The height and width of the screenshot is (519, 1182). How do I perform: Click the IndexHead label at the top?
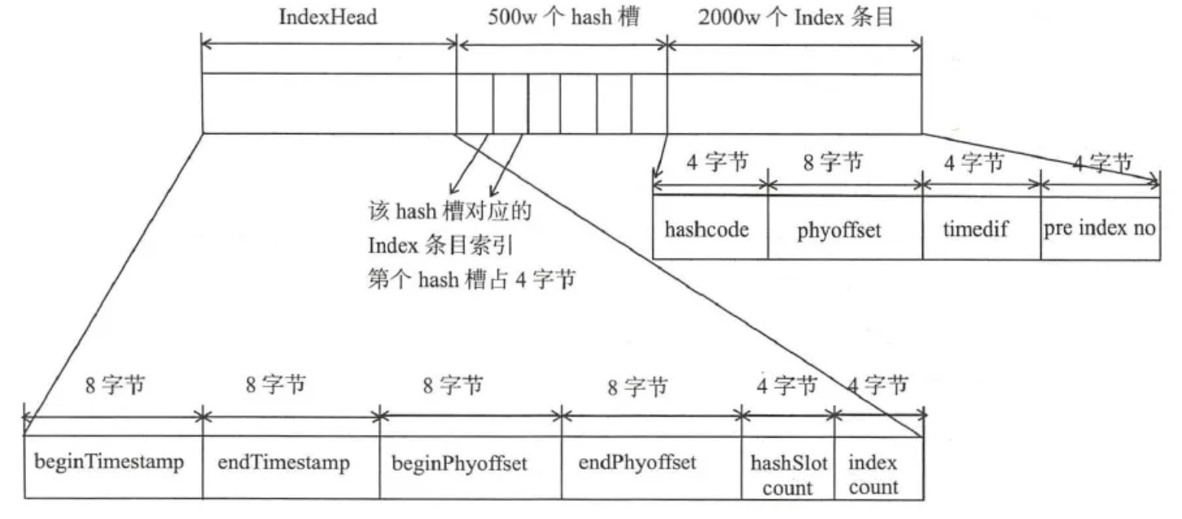click(x=328, y=17)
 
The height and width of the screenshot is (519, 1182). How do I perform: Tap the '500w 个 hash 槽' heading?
click(x=562, y=17)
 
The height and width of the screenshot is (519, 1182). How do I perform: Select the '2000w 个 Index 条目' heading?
click(x=796, y=17)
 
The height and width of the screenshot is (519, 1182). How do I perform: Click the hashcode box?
click(x=711, y=229)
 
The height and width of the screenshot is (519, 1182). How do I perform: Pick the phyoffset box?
click(x=845, y=229)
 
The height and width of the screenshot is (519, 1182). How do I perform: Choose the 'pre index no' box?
click(x=1100, y=229)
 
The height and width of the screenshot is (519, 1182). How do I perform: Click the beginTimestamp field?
click(x=109, y=463)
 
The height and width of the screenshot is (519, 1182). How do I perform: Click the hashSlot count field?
click(x=788, y=475)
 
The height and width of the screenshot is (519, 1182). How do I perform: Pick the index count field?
click(x=873, y=475)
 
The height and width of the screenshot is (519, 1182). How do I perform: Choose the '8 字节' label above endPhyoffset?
click(x=639, y=386)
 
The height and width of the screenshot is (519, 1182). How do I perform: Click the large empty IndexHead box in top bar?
click(x=328, y=103)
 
